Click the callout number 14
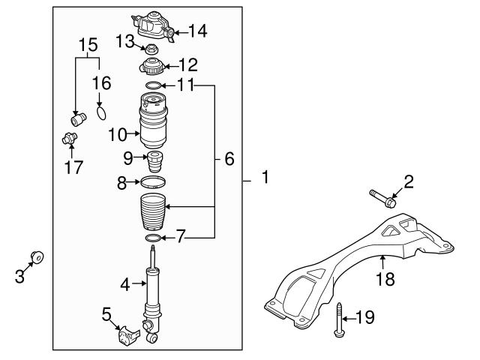tap(197, 31)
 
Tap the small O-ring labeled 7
tap(152, 238)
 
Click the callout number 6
tap(229, 159)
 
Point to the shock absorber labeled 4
tap(153, 289)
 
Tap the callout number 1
tap(263, 178)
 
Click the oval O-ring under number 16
tap(103, 114)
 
